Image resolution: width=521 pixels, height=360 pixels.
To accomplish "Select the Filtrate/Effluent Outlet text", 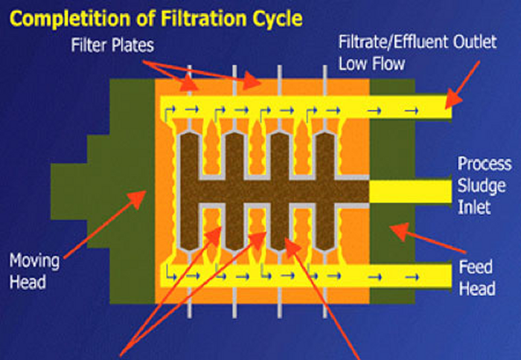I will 417,42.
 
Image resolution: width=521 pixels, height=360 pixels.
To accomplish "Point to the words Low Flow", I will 371,63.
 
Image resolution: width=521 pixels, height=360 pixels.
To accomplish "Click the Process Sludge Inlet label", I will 485,184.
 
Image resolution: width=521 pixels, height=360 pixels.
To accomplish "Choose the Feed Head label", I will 476,277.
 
